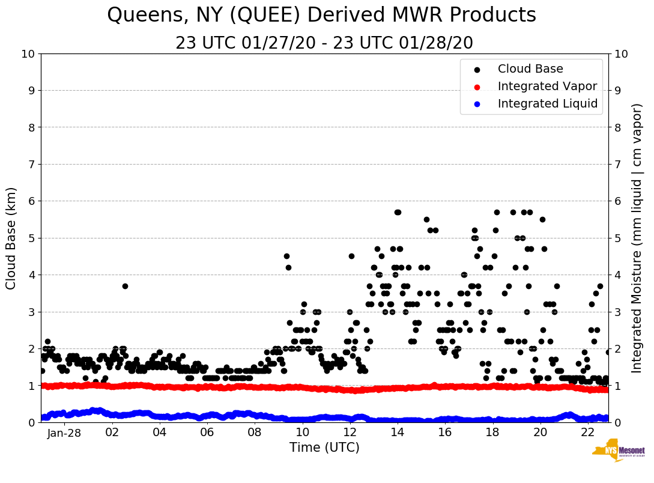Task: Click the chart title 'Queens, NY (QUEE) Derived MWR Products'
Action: coord(321,15)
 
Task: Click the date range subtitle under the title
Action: coord(324,43)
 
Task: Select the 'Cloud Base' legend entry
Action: coord(530,69)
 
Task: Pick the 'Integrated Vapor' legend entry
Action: coord(547,87)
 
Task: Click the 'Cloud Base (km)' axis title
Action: coord(11,238)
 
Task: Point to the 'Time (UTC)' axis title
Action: coord(324,448)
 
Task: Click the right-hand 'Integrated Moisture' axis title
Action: coord(637,238)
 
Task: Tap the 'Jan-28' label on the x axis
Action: coord(64,433)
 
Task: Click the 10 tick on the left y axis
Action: coord(28,54)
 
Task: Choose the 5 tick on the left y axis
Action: coord(31,238)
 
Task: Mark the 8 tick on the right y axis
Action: coord(617,127)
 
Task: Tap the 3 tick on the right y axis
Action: coord(617,312)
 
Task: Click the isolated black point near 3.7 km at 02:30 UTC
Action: coord(125,286)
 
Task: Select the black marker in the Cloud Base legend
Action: coord(477,70)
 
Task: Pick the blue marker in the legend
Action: coord(477,105)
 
